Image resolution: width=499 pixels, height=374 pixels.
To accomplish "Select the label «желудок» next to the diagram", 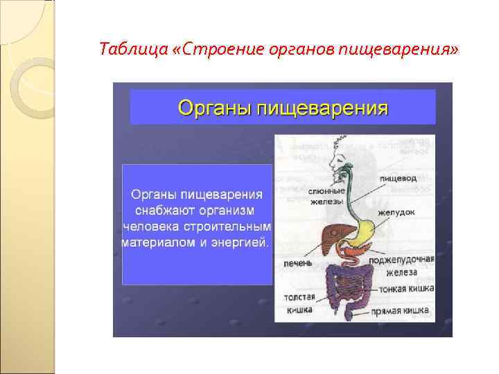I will click(x=397, y=212).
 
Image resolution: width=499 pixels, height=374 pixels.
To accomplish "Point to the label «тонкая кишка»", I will click(x=403, y=287).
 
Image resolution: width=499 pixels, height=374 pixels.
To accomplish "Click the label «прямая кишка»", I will click(x=400, y=312).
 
